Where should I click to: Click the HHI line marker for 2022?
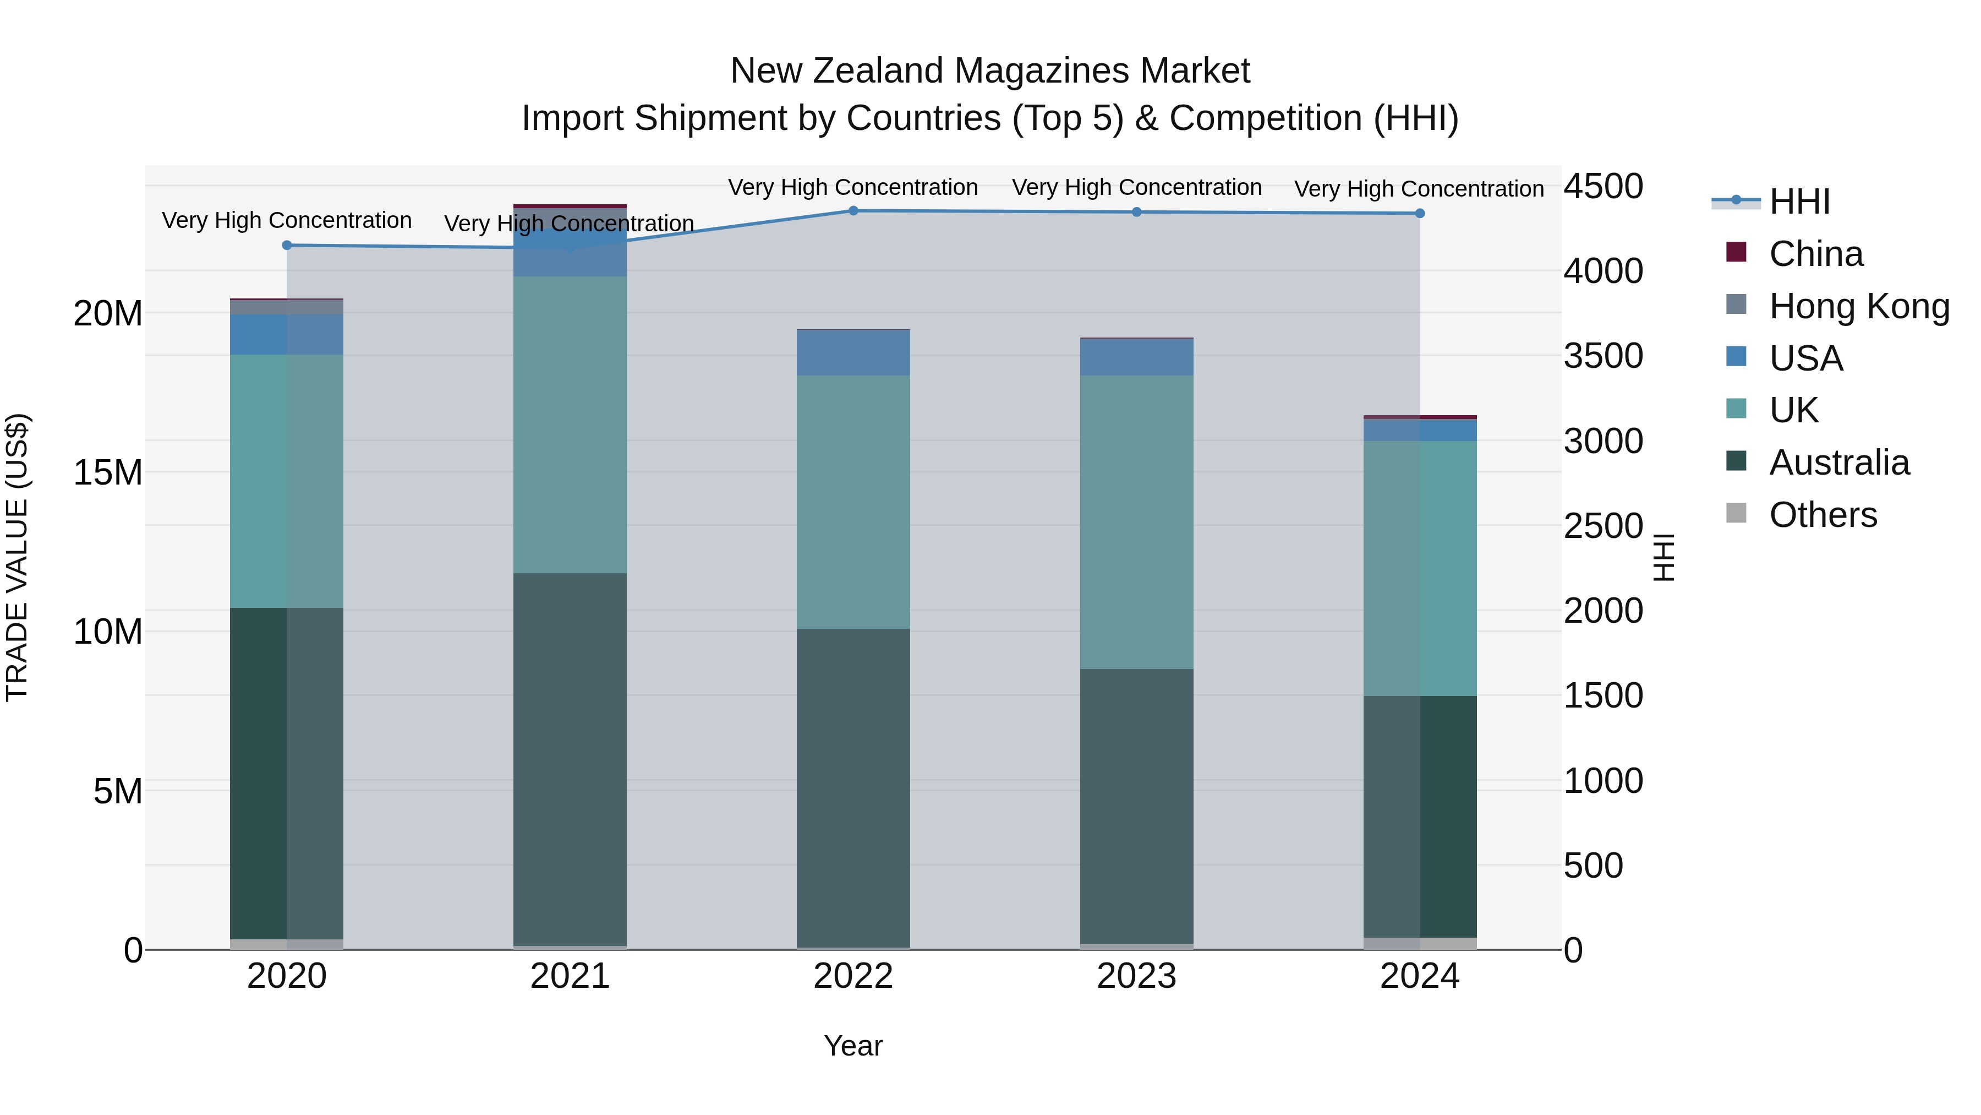(853, 211)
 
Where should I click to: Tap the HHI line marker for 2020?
(287, 246)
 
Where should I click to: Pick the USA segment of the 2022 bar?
(853, 352)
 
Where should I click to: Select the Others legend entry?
(1823, 515)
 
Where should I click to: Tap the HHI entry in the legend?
(1799, 202)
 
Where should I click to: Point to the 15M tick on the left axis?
(108, 472)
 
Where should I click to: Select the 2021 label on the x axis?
(570, 976)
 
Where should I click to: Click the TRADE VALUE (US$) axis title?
(17, 557)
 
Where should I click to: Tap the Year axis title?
(853, 1046)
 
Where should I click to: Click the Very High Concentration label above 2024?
(1419, 188)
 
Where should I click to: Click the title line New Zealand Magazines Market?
(990, 71)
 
